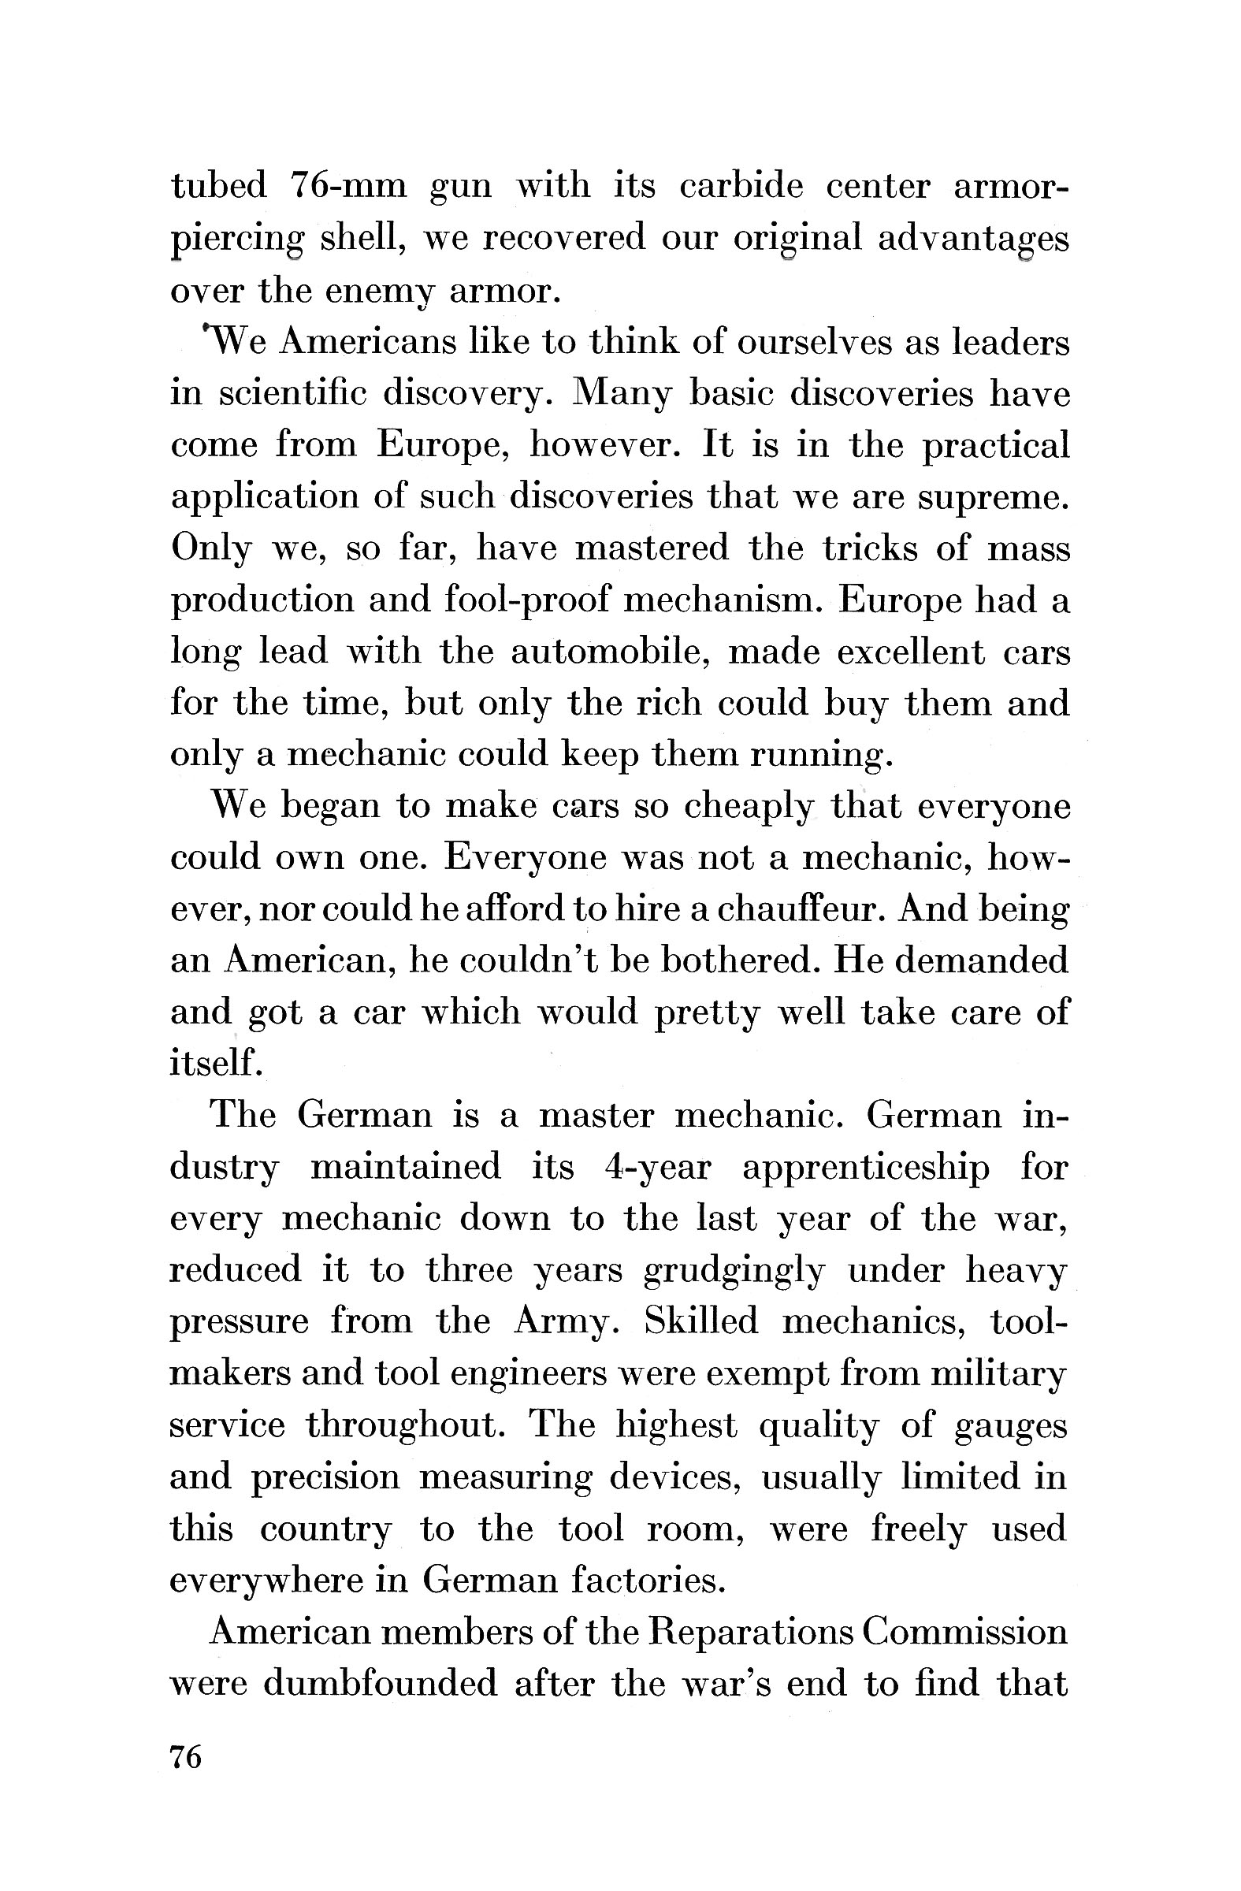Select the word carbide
(741, 188)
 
